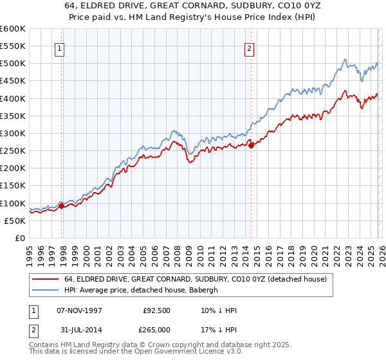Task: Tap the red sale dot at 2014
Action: [x=251, y=145]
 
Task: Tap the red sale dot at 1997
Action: [x=62, y=206]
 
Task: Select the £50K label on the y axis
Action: [x=15, y=221]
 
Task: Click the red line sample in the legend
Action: [x=46, y=279]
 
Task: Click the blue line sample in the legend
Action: [x=46, y=290]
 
